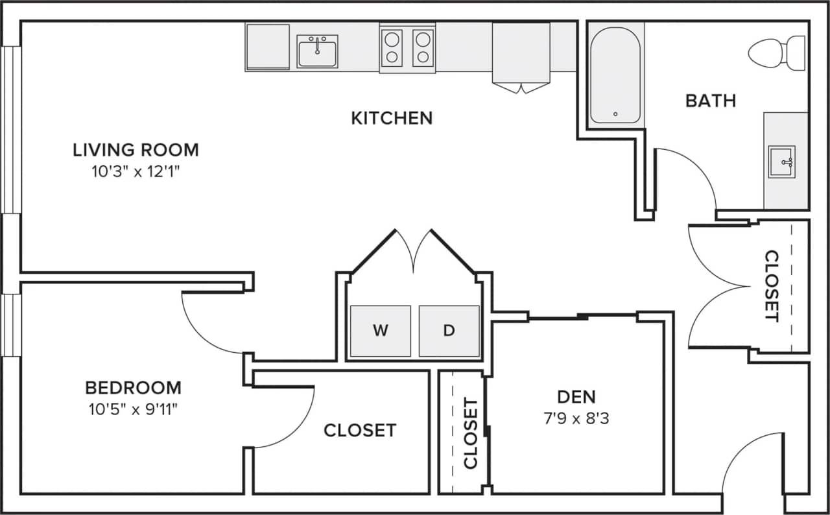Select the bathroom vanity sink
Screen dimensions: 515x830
[781, 162]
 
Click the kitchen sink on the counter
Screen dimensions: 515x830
[317, 51]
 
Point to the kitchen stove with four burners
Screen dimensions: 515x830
[407, 48]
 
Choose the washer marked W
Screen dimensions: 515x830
[381, 331]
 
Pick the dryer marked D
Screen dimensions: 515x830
[449, 331]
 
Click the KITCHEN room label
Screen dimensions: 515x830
[392, 118]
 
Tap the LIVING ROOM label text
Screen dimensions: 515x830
[136, 150]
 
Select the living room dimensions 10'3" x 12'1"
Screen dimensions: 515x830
[136, 172]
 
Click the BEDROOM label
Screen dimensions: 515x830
[134, 388]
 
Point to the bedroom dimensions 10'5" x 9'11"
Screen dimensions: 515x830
[134, 409]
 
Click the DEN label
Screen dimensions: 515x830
[576, 396]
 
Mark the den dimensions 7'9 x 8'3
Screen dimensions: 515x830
[576, 418]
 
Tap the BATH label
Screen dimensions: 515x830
[711, 101]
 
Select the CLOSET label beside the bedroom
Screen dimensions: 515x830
[360, 430]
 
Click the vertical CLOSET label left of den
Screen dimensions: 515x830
[471, 433]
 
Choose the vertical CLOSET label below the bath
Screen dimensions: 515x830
[771, 285]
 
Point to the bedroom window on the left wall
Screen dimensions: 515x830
[10, 324]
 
